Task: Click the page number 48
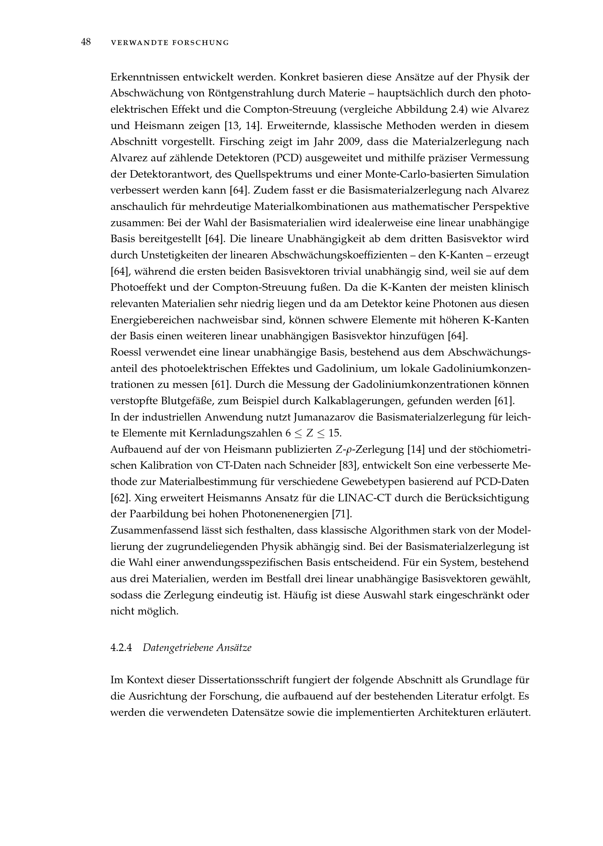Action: click(x=86, y=42)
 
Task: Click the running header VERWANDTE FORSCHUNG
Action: click(x=170, y=43)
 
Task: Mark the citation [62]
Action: click(x=119, y=498)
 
